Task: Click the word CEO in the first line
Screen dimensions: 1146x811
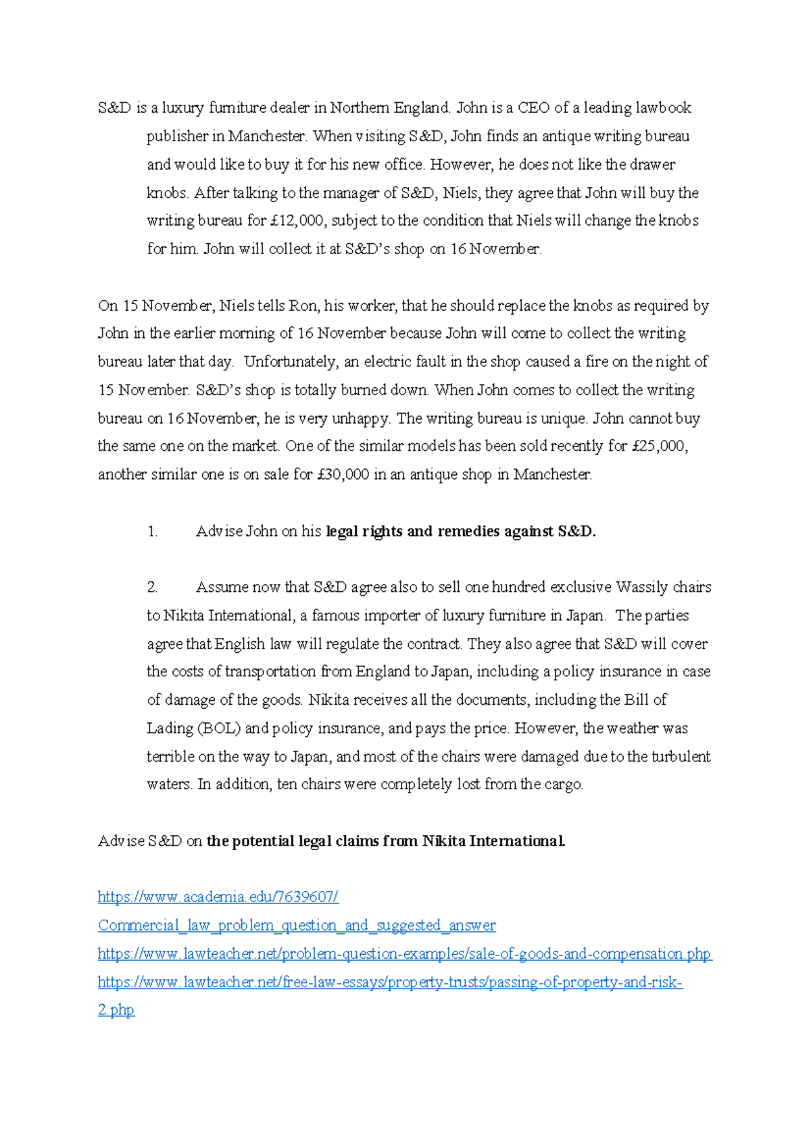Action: click(534, 108)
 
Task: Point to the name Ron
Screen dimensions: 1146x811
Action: click(303, 306)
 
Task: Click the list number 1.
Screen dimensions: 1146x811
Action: click(152, 532)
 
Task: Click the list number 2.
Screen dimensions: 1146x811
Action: click(152, 587)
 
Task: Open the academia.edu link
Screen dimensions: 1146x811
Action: click(218, 897)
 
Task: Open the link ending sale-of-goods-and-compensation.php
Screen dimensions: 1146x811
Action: click(404, 954)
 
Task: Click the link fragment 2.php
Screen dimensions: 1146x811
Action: click(116, 1010)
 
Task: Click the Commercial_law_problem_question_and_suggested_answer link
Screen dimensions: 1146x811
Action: click(297, 926)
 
